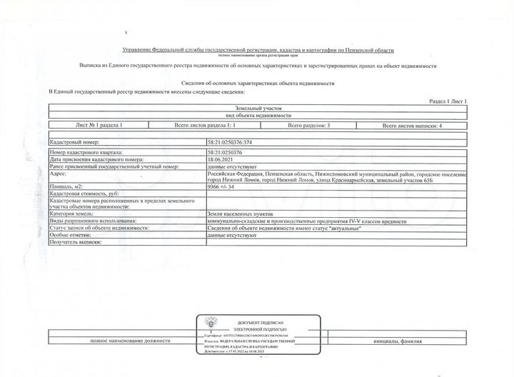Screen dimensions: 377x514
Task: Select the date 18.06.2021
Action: click(221, 160)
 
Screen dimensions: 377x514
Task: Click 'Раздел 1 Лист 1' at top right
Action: click(448, 102)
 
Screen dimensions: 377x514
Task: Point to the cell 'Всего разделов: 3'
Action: click(308, 125)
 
